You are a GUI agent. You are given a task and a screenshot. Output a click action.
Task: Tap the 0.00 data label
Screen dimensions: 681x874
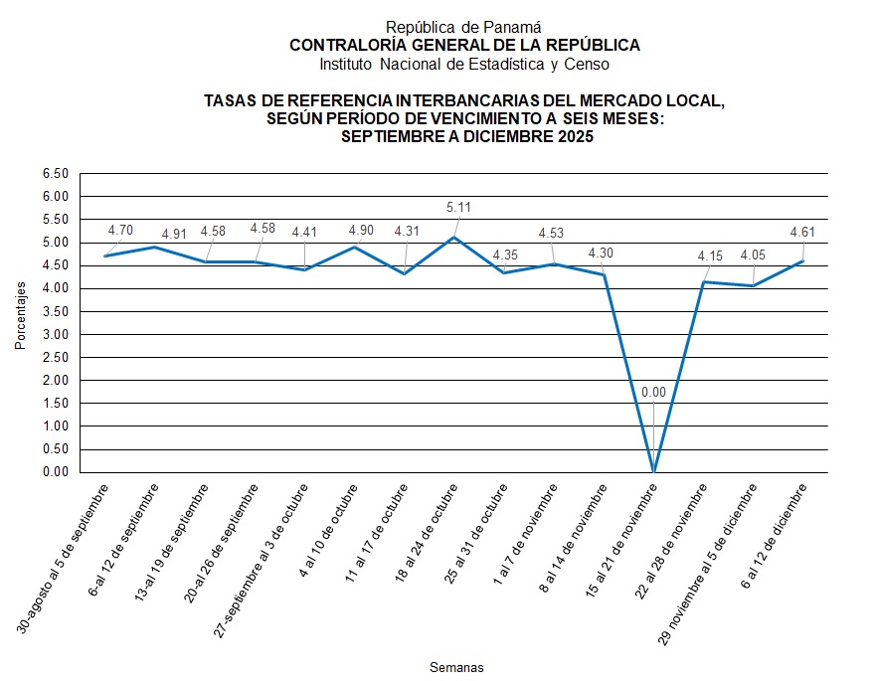coord(653,393)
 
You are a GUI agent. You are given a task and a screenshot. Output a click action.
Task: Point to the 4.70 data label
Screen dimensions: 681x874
coord(120,231)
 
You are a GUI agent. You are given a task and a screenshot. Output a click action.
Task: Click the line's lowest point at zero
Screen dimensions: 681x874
coord(653,471)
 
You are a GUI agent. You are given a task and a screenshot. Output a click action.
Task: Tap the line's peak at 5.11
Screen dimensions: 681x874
coord(454,238)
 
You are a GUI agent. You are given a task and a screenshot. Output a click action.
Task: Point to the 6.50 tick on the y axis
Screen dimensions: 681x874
coord(55,174)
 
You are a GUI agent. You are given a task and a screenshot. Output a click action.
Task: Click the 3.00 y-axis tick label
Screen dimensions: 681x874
coord(55,334)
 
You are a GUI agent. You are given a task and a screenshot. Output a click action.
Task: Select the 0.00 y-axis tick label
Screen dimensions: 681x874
coord(55,472)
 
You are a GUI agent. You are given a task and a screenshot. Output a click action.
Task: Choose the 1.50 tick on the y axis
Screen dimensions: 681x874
coord(55,404)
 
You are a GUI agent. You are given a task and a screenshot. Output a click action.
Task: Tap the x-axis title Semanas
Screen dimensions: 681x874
coord(455,665)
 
